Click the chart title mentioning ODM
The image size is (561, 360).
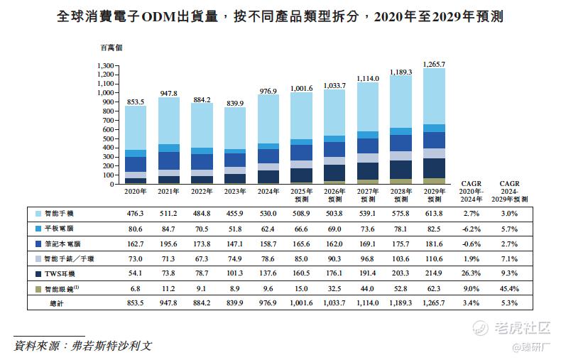click(x=280, y=16)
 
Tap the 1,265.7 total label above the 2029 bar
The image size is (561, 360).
click(x=433, y=65)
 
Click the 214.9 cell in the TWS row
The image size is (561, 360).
click(x=433, y=273)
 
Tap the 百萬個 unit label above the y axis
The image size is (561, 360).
click(x=111, y=48)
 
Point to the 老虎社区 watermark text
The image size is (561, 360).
click(x=523, y=328)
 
